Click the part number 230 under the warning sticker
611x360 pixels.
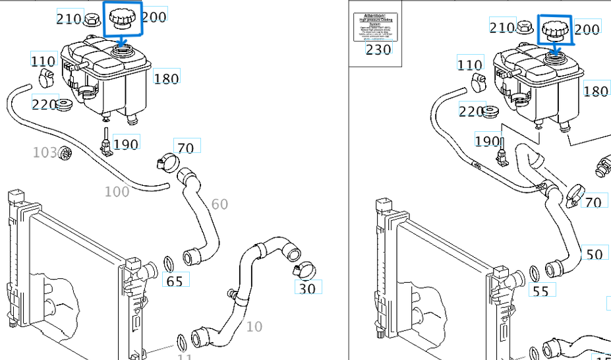point(378,49)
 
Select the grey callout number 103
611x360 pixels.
point(45,153)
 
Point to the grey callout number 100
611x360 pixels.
point(117,192)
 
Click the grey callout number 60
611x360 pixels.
point(219,204)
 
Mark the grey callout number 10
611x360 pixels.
point(254,326)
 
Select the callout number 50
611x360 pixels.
point(594,255)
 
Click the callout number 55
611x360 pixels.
point(541,290)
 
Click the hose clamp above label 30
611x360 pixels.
point(303,268)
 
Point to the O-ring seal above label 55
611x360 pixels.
point(534,272)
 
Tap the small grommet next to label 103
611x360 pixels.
point(65,154)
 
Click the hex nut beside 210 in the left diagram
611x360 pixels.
point(92,19)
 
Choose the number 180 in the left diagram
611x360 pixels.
point(166,78)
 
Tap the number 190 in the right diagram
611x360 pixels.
point(487,141)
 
